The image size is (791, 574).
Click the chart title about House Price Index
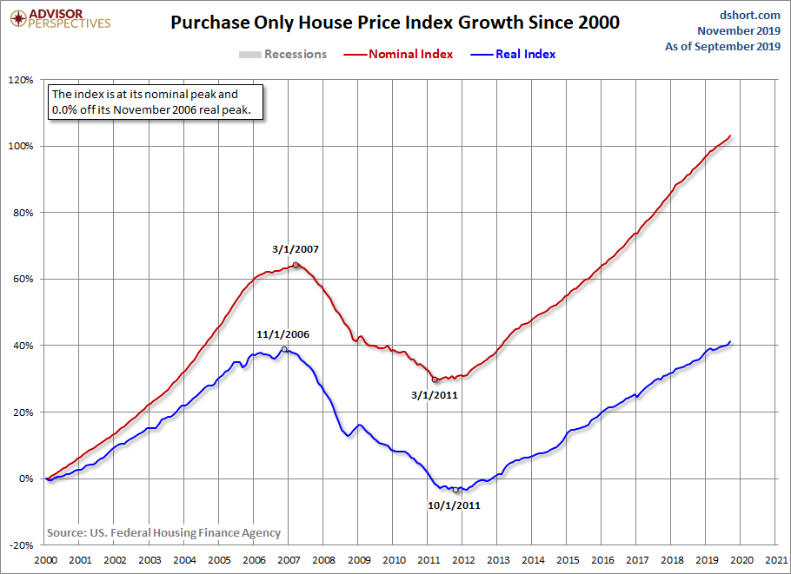(395, 23)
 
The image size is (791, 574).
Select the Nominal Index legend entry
(410, 54)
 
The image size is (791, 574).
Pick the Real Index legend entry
(525, 54)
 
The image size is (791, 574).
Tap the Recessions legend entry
(295, 54)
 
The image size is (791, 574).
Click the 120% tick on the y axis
(21, 80)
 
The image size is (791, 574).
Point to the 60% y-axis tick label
(23, 279)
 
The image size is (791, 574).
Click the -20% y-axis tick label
(21, 545)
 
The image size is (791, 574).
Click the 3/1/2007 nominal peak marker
(296, 265)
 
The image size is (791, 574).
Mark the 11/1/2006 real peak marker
(284, 349)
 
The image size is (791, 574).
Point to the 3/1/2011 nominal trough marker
(435, 379)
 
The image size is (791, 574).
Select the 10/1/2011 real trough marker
(455, 490)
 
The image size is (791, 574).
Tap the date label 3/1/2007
(296, 249)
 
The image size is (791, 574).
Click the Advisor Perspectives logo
(56, 18)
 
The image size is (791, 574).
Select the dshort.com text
(750, 15)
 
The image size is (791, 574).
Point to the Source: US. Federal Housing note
(163, 532)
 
